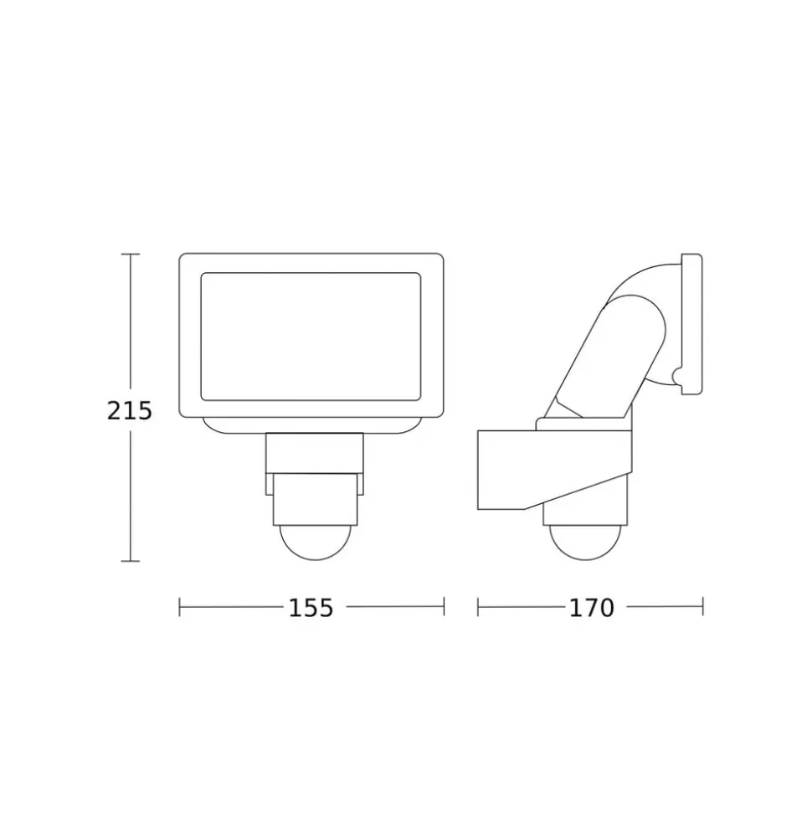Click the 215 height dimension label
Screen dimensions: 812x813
[x=129, y=410]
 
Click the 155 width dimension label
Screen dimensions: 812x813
[x=311, y=608]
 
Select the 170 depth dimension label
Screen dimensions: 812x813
[x=592, y=608]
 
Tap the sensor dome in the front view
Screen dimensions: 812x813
[x=316, y=543]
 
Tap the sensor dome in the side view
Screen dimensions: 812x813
[x=585, y=543]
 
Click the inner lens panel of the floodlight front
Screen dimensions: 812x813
[x=310, y=337]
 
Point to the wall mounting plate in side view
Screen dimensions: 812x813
[x=691, y=324]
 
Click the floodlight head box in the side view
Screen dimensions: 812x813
[x=554, y=468]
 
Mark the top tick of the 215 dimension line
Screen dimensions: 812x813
[x=130, y=254]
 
